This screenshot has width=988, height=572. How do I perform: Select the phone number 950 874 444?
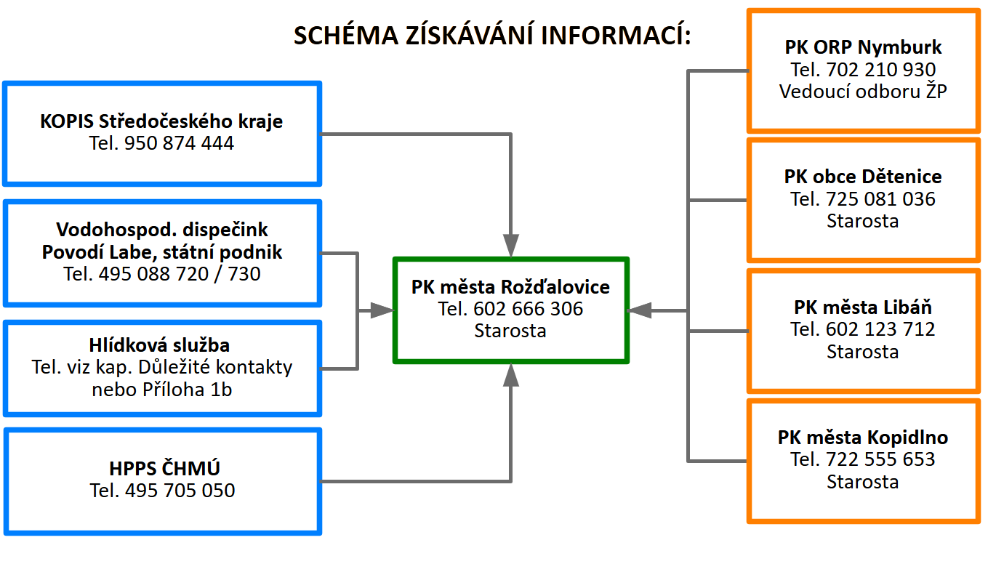(179, 143)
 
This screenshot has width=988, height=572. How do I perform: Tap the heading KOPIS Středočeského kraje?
(161, 121)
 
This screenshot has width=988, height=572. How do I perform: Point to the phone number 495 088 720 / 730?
(180, 274)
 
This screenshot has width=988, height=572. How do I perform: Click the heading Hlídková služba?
(159, 345)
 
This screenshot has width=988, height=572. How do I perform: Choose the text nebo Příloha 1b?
(162, 390)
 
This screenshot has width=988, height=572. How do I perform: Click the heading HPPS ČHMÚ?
(164, 468)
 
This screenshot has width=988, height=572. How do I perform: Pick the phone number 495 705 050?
(180, 491)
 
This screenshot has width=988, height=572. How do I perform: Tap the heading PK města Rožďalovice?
(511, 287)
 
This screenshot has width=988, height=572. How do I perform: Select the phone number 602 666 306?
(528, 309)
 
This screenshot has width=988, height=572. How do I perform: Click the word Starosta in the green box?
(510, 331)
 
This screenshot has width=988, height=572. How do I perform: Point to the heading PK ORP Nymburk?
(863, 47)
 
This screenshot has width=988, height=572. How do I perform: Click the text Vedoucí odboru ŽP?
(863, 92)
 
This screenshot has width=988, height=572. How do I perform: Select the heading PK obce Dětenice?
(863, 177)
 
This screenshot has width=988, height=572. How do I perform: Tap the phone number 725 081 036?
(880, 199)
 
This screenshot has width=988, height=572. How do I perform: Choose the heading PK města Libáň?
(863, 307)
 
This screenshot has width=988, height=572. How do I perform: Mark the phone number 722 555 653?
(880, 459)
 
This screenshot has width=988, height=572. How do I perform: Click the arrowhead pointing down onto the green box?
(511, 245)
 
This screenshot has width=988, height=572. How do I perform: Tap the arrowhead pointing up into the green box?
(511, 375)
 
